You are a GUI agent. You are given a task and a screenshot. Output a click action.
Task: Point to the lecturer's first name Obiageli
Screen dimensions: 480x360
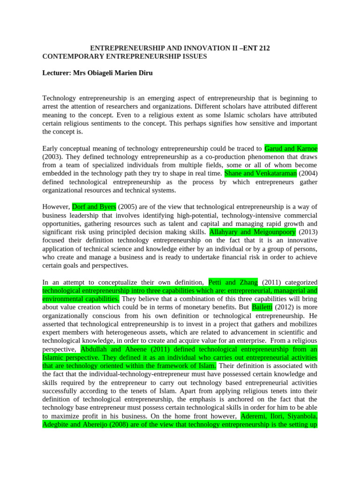point(102,73)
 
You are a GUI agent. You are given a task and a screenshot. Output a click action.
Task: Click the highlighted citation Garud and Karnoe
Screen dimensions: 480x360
point(291,149)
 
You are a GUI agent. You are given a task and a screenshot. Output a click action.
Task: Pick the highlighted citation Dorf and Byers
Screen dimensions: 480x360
point(94,207)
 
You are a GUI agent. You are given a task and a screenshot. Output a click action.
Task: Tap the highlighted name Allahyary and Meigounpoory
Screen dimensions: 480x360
point(252,232)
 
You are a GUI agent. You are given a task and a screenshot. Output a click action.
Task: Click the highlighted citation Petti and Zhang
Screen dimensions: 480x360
point(233,282)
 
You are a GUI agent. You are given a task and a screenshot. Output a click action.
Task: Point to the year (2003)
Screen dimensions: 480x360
point(52,157)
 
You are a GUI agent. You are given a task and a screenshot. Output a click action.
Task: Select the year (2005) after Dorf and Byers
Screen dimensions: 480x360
point(127,207)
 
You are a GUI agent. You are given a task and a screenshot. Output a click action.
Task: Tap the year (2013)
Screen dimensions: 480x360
point(307,232)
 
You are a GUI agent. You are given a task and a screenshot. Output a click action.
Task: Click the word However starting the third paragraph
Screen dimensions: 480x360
point(56,207)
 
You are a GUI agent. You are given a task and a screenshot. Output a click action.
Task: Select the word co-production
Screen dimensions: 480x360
point(221,157)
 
